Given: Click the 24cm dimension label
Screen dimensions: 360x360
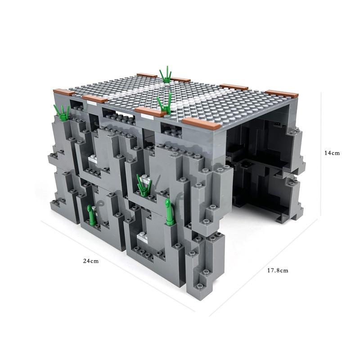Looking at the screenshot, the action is pyautogui.click(x=91, y=261).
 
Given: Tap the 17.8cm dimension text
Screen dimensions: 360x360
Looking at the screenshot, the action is pyautogui.click(x=278, y=270).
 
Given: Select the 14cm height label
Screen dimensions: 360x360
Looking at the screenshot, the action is pyautogui.click(x=332, y=153).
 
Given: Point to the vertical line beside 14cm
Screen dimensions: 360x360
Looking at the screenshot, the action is pyautogui.click(x=321, y=154).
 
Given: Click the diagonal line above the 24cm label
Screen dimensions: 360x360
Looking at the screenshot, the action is pyautogui.click(x=118, y=266).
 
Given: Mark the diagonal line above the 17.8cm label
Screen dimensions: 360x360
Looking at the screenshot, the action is pyautogui.click(x=263, y=267).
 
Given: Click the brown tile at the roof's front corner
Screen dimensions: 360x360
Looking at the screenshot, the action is pyautogui.click(x=201, y=123).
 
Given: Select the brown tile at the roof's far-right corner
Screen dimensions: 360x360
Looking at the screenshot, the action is pyautogui.click(x=282, y=94).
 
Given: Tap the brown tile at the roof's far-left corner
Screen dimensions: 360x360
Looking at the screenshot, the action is pyautogui.click(x=64, y=92).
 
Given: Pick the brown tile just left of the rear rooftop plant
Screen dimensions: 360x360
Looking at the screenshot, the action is pyautogui.click(x=147, y=76).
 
